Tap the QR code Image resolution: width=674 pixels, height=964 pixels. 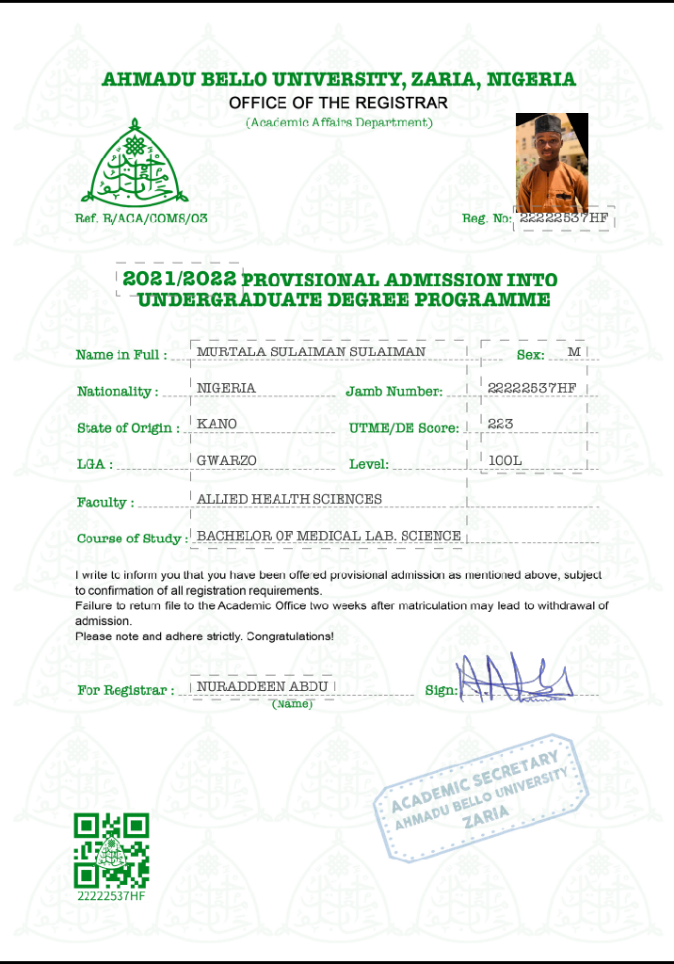point(111,851)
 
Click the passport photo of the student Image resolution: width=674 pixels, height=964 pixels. point(552,163)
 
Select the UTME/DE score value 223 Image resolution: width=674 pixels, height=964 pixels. point(501,425)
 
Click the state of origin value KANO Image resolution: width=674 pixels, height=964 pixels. point(217,425)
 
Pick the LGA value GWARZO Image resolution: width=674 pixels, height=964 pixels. point(227,460)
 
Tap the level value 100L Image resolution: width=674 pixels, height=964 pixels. point(505,460)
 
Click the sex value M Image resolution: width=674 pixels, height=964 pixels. point(574,352)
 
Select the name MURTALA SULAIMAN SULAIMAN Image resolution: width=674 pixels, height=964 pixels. point(311,352)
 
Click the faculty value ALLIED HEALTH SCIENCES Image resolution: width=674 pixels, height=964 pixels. point(289,499)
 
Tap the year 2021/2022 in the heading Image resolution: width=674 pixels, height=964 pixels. point(179,279)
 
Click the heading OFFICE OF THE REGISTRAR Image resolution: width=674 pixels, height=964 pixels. point(338,102)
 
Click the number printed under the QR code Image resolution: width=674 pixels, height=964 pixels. point(111,896)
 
